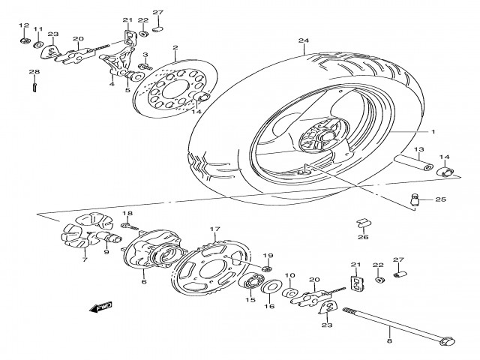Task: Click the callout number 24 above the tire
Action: coord(303,41)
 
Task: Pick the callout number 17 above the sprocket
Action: coord(214,230)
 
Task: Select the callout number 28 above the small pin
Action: coord(33,72)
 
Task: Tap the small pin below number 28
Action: coord(34,88)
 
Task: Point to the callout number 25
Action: coord(440,199)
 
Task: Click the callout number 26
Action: coord(363,238)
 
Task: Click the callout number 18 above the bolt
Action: coord(127,213)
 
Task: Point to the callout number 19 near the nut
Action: coord(268,256)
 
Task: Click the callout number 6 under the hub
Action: coord(143,283)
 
